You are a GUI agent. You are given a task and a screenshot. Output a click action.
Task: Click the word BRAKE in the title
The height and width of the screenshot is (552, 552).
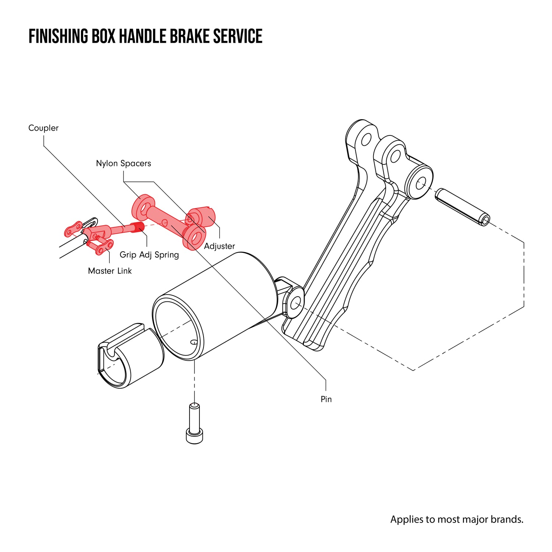[185, 36]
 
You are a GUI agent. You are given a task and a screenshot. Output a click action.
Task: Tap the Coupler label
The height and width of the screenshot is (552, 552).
[43, 128]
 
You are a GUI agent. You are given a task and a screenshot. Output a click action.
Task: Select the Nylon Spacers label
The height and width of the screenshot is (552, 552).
[123, 163]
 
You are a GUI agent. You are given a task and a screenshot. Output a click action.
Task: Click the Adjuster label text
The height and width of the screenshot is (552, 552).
[219, 246]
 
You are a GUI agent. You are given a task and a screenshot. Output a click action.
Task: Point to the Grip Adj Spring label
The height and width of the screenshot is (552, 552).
[149, 255]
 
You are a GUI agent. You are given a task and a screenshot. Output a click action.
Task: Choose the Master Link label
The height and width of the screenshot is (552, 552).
[110, 271]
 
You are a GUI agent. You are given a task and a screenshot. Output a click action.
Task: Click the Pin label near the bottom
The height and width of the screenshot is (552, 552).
[326, 399]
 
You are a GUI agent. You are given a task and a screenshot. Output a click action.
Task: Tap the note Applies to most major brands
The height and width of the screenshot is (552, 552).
[457, 519]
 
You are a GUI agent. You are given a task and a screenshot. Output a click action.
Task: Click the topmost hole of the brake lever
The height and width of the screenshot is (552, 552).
[366, 139]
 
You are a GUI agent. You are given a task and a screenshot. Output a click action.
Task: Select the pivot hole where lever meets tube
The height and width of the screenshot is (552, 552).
[295, 304]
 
